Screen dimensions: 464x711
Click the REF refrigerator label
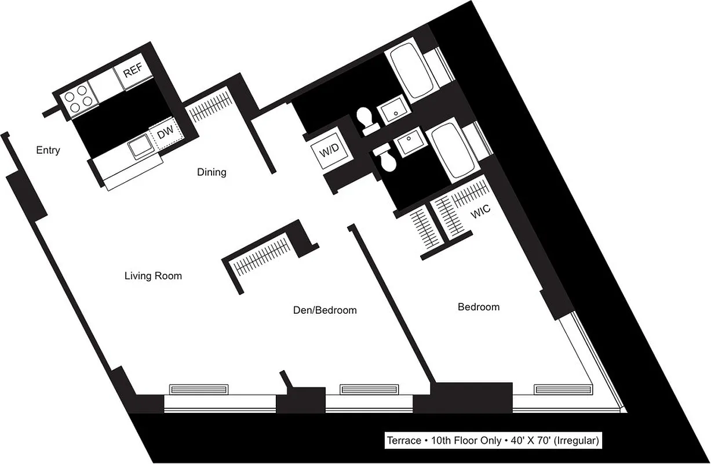(133, 72)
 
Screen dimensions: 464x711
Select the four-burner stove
(78, 99)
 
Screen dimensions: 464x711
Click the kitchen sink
(140, 147)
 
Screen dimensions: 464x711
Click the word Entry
(48, 151)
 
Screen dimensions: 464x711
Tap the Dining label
(212, 172)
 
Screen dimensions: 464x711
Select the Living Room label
(153, 276)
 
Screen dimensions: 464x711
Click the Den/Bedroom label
(324, 310)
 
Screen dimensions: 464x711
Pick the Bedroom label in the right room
(479, 307)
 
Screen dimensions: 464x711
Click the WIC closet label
(480, 213)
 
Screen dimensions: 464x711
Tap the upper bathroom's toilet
(365, 119)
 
